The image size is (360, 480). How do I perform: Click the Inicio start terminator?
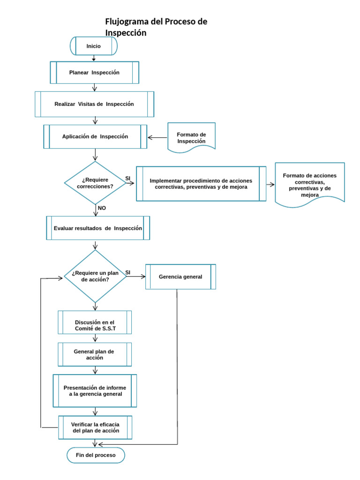point(93,46)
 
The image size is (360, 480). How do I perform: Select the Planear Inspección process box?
point(94,73)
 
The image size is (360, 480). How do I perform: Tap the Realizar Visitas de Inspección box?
point(94,104)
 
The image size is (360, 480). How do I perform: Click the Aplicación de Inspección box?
point(95,136)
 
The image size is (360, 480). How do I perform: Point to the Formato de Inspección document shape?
point(191,137)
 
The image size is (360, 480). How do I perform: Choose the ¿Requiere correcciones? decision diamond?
point(95,183)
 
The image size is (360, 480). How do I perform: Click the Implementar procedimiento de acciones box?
point(201,183)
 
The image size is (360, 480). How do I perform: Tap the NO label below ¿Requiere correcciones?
point(102,208)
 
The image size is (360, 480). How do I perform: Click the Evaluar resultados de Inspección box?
point(98,228)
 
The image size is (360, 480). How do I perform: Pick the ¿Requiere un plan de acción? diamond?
point(95,276)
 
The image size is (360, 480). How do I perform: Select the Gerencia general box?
point(180,277)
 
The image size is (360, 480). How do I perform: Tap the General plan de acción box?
point(95,354)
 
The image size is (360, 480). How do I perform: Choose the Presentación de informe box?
point(95,391)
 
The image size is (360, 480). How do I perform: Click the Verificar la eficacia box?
point(95,427)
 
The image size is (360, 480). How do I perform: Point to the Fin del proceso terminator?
point(95,455)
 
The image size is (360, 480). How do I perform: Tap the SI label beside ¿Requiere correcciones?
point(127,178)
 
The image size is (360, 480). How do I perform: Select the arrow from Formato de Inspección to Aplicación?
point(158,137)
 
